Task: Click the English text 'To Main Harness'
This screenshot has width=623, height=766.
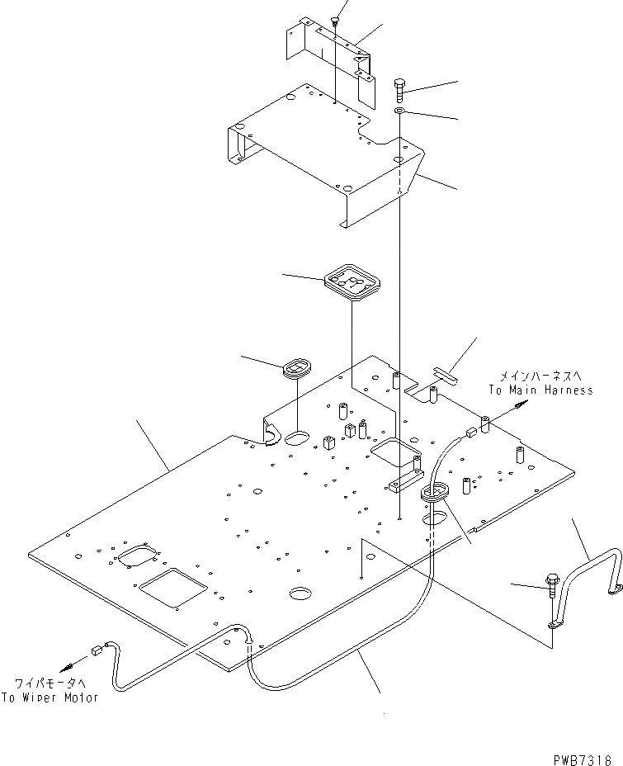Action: (x=540, y=390)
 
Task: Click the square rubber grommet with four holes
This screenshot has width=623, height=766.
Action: (x=352, y=284)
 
